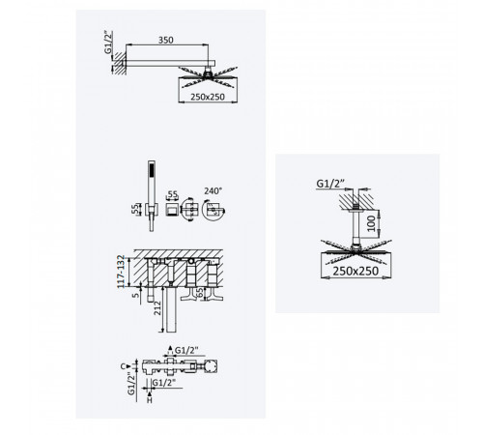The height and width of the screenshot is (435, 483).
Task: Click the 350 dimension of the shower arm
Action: point(166,40)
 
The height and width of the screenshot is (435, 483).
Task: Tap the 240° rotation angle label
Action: point(213,191)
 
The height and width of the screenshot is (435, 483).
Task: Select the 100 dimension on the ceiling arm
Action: point(371,223)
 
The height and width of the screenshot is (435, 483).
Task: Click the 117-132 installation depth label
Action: point(121,272)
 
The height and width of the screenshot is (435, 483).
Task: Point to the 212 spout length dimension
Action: point(157,308)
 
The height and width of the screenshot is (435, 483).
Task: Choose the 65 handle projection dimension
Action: point(200,293)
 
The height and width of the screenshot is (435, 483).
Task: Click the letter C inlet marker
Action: point(123,366)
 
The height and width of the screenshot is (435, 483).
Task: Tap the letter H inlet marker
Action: point(150,400)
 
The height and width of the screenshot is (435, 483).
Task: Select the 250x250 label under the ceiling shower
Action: point(355,271)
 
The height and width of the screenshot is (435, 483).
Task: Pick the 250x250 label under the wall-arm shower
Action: point(208,97)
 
